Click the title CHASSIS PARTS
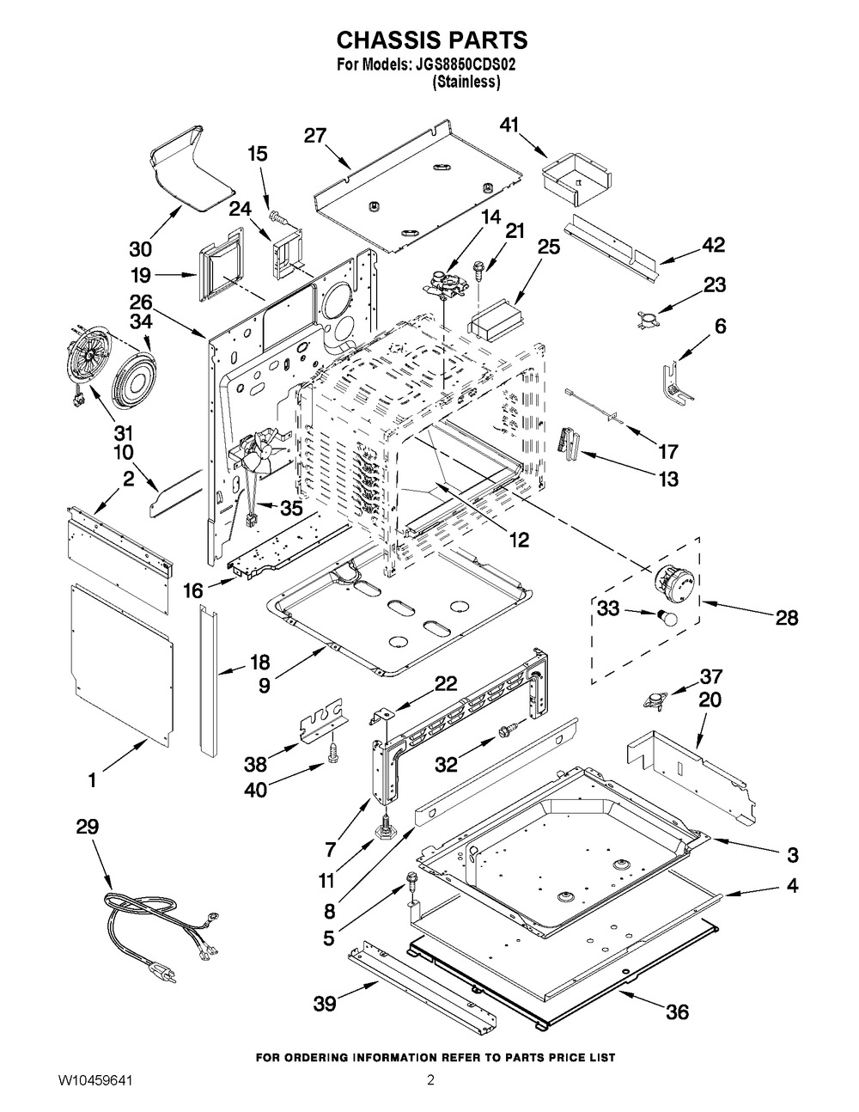tap(430, 40)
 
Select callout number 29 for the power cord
tap(88, 828)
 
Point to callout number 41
tap(510, 125)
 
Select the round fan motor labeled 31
tap(85, 367)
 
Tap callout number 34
tap(143, 321)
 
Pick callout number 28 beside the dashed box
tap(787, 617)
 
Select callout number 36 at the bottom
tap(678, 1012)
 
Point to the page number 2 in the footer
tap(430, 1079)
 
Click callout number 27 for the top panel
tap(315, 135)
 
